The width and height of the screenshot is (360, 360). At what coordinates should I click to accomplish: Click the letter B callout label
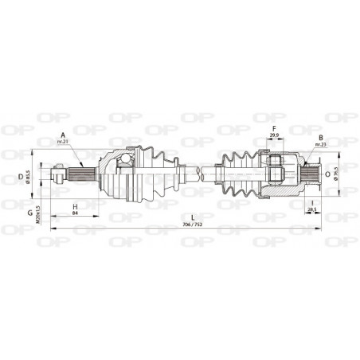(x=319, y=136)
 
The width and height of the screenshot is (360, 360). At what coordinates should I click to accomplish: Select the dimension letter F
(x=274, y=127)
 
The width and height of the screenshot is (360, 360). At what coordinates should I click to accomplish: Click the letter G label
(x=29, y=212)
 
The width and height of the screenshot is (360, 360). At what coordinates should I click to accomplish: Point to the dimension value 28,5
(x=311, y=210)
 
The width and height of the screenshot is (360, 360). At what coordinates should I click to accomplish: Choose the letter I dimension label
(x=311, y=202)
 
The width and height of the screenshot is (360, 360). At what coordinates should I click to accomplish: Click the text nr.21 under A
(x=63, y=142)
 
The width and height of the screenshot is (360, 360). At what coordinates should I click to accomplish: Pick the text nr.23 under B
(x=319, y=144)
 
